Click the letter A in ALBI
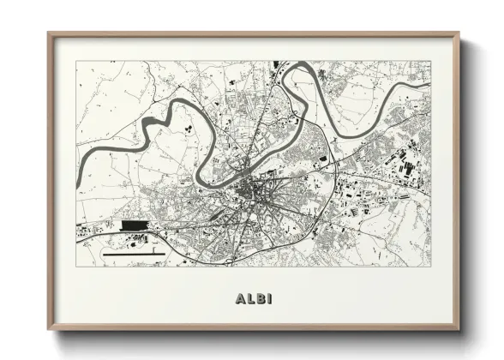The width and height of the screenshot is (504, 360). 238,299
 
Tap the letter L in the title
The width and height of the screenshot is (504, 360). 249,299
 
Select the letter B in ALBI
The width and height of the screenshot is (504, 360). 261,299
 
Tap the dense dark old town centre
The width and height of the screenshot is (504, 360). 251,189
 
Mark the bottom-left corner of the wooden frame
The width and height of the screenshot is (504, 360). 49,329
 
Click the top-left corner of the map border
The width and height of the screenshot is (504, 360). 76,61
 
